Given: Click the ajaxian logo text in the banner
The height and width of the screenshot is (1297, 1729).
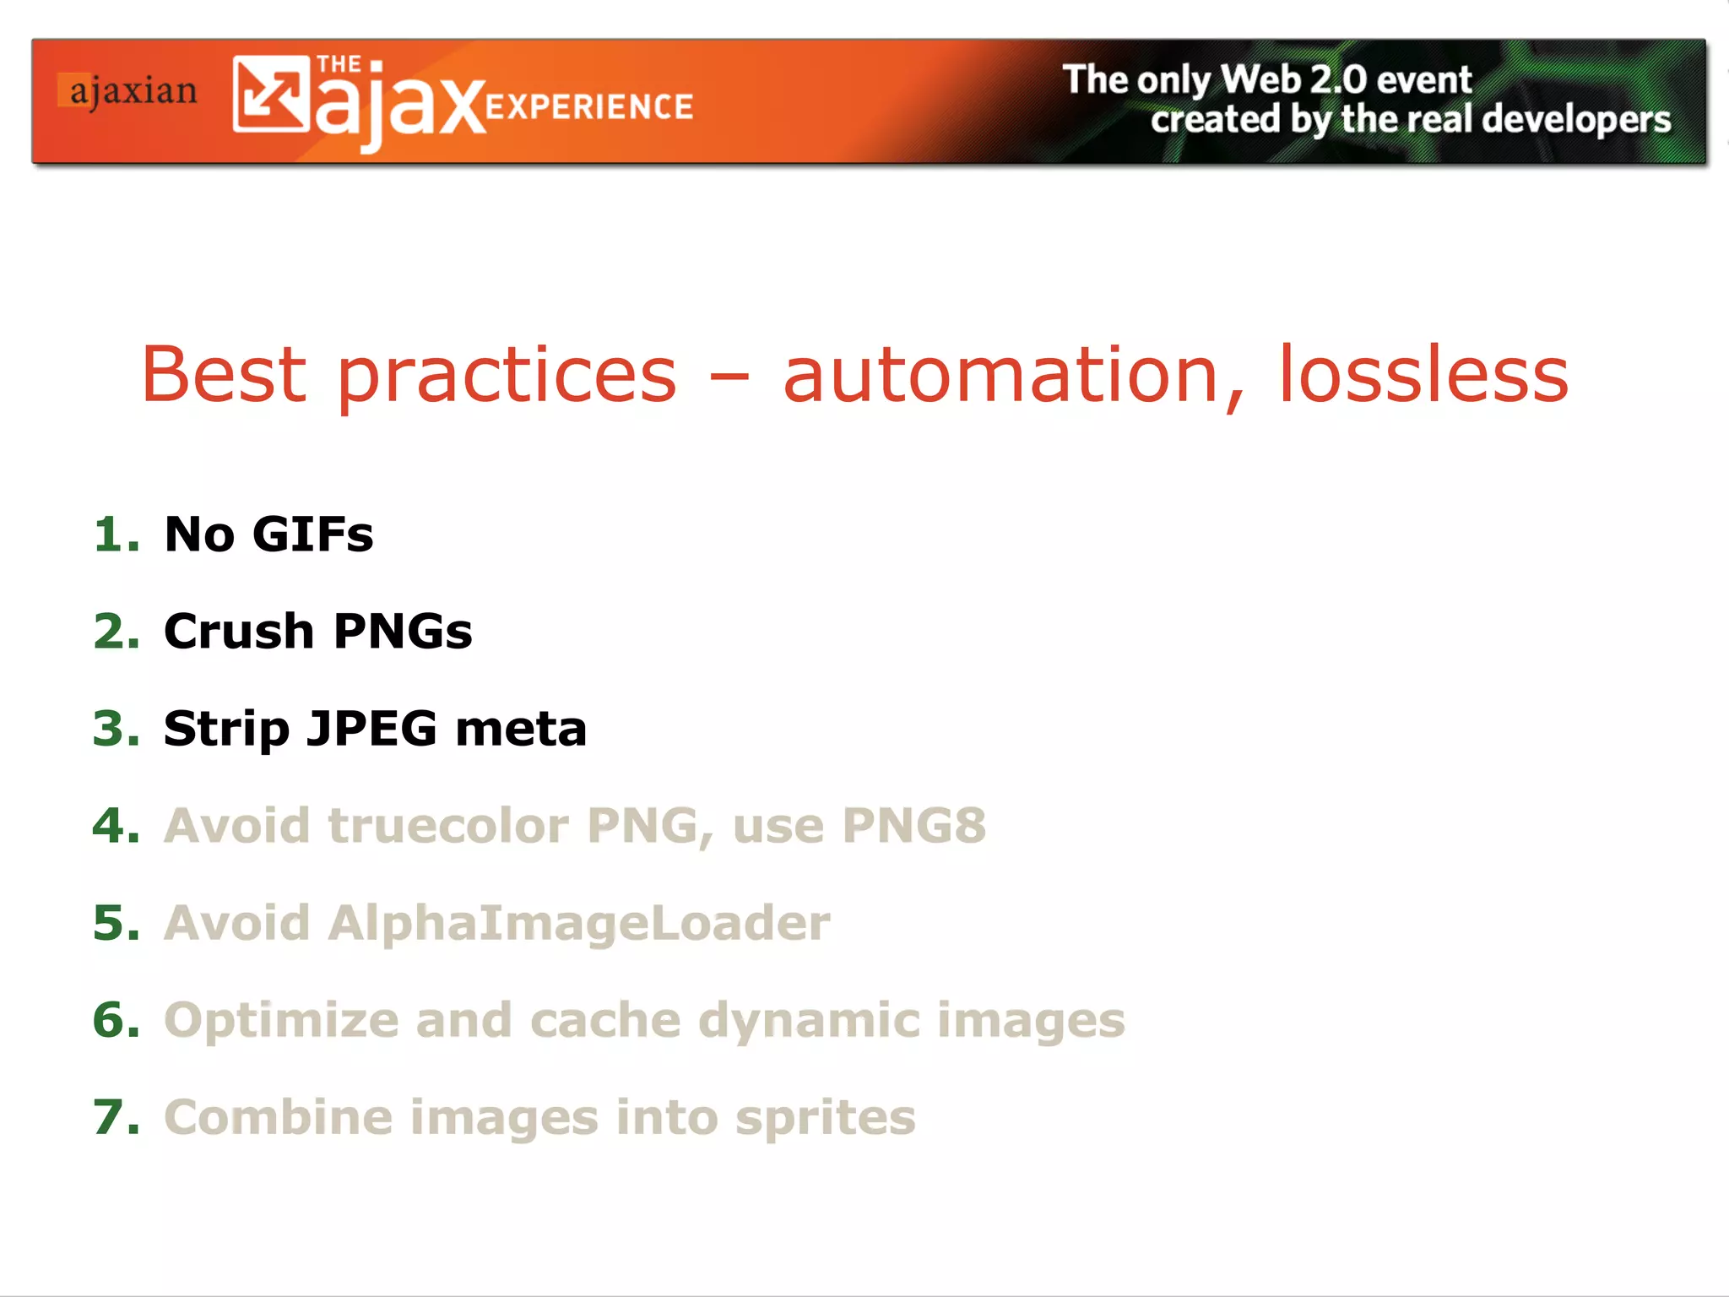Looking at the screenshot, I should click(133, 91).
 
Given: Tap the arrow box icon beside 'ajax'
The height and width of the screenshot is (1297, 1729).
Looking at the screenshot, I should click(270, 94).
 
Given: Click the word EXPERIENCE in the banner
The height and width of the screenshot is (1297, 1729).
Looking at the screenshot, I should click(589, 107).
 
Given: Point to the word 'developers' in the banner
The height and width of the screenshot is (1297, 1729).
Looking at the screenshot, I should click(1576, 119).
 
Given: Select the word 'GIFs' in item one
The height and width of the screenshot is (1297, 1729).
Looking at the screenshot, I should click(312, 535).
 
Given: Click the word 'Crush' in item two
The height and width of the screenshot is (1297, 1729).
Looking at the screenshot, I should click(239, 632).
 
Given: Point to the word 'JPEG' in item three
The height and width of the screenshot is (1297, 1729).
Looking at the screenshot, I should click(371, 729).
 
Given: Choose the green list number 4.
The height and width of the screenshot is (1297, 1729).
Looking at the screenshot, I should click(115, 826).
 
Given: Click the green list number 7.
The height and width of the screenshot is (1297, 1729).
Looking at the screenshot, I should click(115, 1117).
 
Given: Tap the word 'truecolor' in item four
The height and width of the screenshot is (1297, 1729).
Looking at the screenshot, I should click(447, 826).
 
